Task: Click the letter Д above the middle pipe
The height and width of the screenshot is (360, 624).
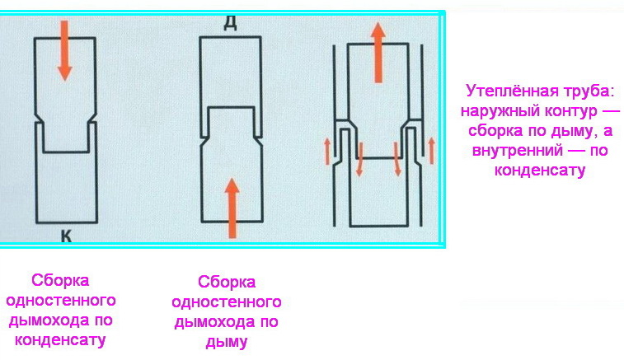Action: click(x=231, y=23)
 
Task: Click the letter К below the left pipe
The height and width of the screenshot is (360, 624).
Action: click(x=66, y=236)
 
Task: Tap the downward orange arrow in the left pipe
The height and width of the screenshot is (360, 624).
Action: click(x=64, y=50)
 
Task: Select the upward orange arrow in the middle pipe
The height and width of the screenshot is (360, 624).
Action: click(x=232, y=208)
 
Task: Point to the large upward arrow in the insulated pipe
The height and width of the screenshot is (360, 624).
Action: click(x=378, y=53)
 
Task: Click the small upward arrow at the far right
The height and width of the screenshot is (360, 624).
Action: click(x=432, y=151)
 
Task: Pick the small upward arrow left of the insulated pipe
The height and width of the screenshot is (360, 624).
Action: click(x=327, y=151)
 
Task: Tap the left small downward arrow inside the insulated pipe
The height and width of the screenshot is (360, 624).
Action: click(x=359, y=159)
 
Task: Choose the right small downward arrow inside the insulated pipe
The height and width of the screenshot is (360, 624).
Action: click(x=396, y=159)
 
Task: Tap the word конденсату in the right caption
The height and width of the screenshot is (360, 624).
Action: click(x=540, y=171)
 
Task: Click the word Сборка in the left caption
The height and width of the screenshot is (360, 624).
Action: click(x=60, y=280)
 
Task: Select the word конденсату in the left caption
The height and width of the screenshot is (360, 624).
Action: click(x=60, y=340)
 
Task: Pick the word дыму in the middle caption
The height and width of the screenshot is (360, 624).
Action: click(x=227, y=342)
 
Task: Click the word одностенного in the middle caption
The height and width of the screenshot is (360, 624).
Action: click(x=227, y=302)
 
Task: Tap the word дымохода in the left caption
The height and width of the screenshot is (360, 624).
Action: click(x=49, y=320)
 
